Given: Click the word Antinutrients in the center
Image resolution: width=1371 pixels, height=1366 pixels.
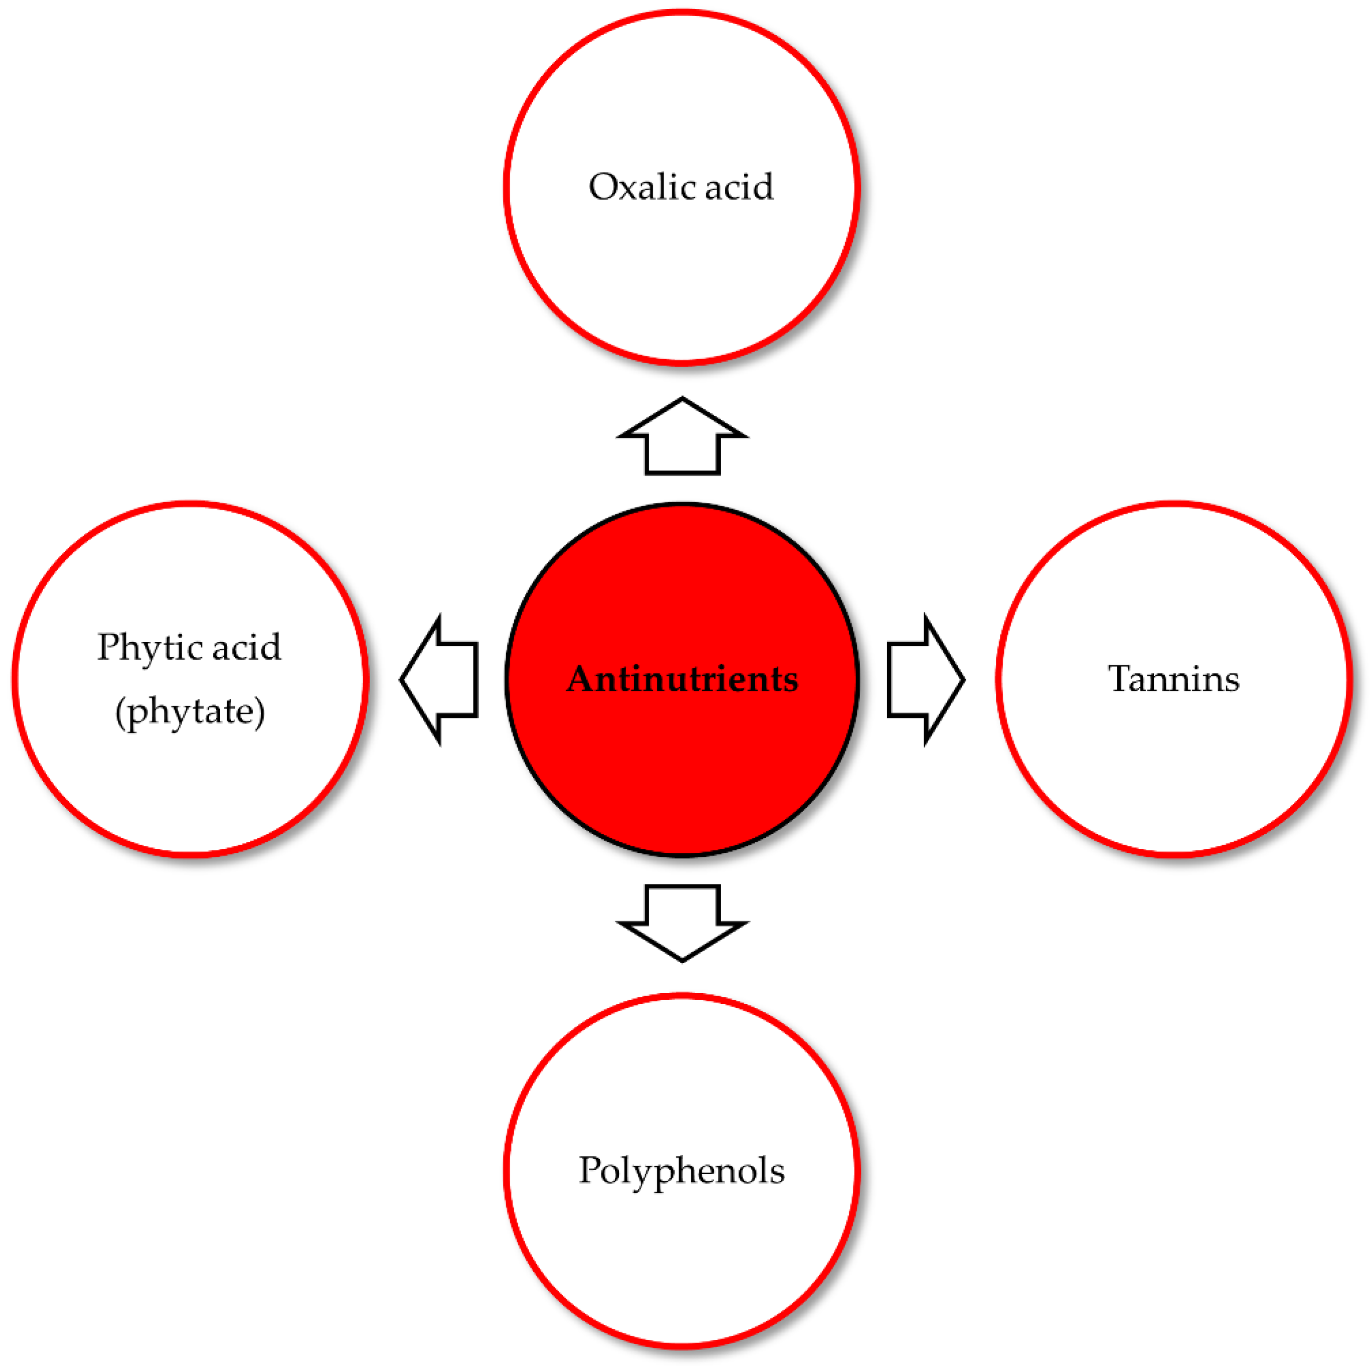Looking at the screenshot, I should coord(682,679).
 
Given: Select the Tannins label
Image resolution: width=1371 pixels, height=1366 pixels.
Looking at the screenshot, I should coord(1174,679).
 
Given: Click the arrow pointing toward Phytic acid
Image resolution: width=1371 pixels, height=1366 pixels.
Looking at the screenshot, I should coord(441,680).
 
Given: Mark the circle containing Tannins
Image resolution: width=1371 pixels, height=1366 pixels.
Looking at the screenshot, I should coord(1174,767).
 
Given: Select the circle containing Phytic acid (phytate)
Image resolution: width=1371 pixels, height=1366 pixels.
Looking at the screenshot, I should coord(190,780).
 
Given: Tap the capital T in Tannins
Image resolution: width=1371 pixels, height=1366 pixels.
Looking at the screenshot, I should coord(1120,679).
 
